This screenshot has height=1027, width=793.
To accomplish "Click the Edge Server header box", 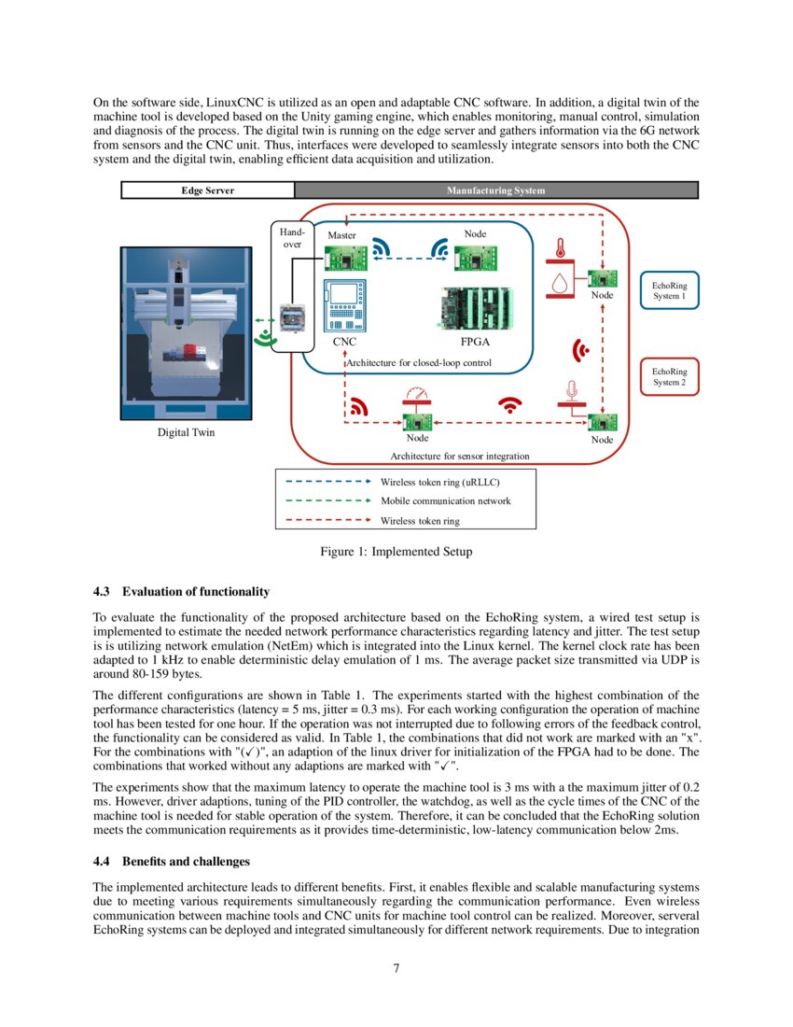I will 207,190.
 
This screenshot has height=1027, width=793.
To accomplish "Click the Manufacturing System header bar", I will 495,190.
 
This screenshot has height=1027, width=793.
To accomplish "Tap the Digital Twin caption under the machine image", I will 185,432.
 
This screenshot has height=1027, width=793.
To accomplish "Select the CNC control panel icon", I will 344,306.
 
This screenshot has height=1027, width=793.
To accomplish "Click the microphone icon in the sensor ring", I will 569,388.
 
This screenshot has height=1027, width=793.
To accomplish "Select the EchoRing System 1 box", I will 668,289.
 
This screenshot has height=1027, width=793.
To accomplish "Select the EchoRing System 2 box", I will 668,376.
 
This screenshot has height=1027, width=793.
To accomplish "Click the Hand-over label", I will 292,237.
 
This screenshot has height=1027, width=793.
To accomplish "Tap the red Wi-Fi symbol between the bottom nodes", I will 509,404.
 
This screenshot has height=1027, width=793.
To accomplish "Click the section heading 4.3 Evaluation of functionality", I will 181,592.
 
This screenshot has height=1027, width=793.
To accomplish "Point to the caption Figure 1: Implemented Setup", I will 396,552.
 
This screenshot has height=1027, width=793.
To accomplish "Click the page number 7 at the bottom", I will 396,968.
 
